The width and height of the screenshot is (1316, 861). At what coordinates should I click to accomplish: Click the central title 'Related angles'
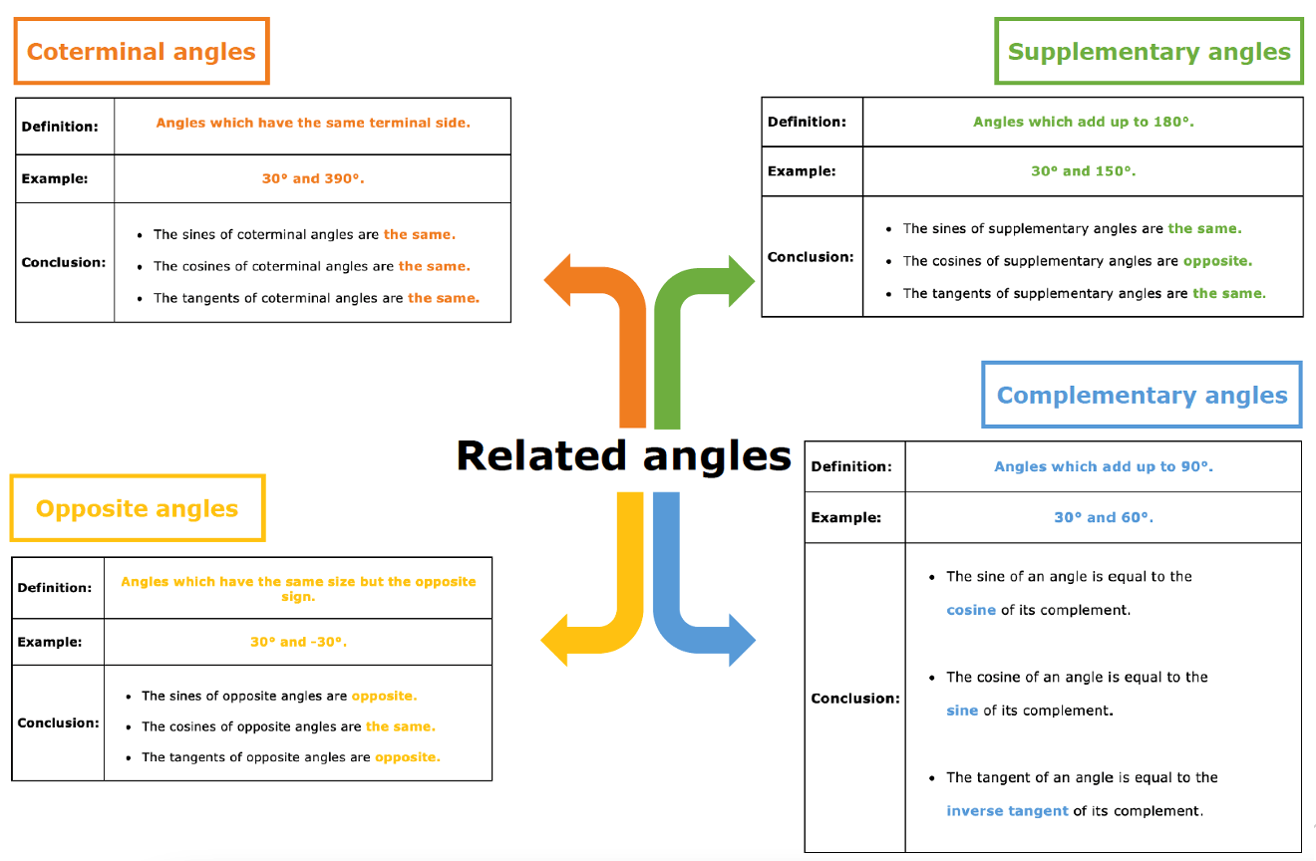(x=624, y=455)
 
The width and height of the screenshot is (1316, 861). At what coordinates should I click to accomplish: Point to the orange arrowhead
(x=557, y=280)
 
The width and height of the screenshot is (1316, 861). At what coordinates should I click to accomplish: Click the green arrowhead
(x=742, y=281)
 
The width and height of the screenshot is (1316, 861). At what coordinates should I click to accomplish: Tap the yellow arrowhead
(x=554, y=640)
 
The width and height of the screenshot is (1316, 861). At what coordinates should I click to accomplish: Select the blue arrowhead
(x=742, y=640)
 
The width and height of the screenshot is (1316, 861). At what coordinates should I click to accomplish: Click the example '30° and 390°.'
(x=313, y=178)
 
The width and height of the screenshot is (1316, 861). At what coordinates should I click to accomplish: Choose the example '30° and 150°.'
(x=1084, y=171)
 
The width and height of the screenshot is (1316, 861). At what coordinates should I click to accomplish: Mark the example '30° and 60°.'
(x=1104, y=517)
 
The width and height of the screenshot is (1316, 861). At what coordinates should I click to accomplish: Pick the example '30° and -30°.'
(x=298, y=642)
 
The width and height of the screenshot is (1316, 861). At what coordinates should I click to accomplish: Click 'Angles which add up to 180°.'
(x=1084, y=122)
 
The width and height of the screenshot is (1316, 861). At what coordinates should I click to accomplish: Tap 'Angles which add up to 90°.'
(x=1104, y=466)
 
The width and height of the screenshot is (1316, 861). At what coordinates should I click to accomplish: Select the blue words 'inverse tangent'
(x=1007, y=811)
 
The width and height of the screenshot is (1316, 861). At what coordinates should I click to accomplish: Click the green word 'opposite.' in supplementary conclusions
(x=1217, y=261)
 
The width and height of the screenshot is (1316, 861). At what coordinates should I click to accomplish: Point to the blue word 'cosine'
(x=971, y=610)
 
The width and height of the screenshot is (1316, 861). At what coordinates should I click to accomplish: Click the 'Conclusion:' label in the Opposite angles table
(x=58, y=723)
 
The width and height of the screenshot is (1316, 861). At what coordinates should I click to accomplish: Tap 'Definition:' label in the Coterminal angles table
(x=60, y=127)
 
